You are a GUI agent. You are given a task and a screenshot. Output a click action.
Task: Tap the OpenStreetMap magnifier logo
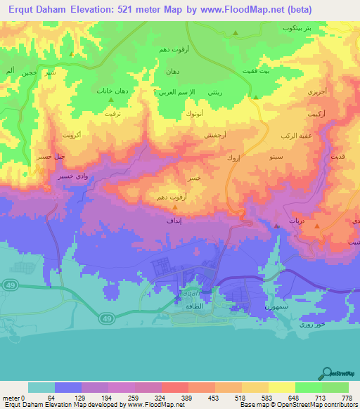[327, 372]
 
